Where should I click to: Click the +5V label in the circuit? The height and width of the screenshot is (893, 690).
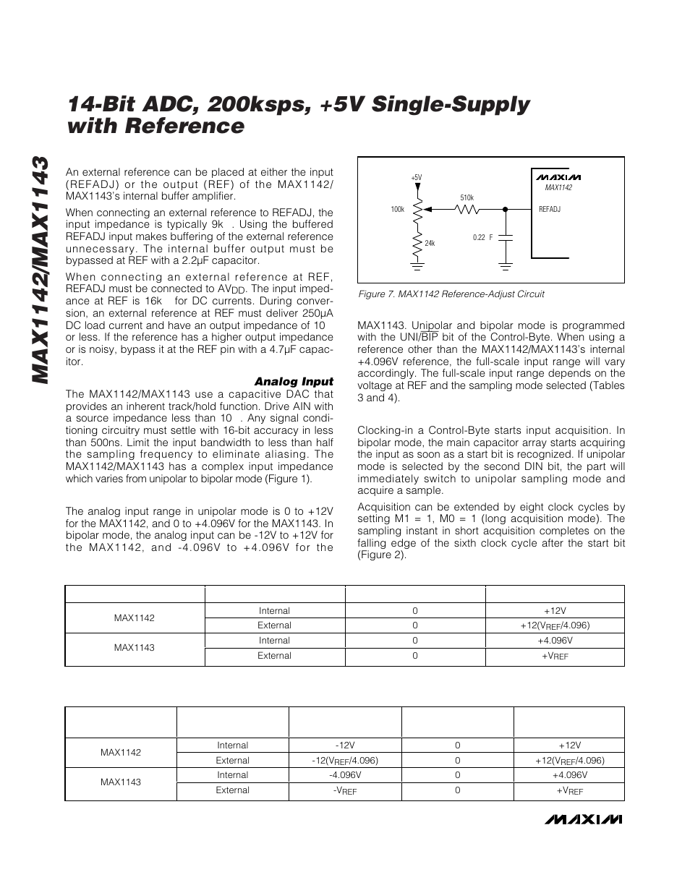pos(416,177)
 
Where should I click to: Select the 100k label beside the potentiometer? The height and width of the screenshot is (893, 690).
pos(398,210)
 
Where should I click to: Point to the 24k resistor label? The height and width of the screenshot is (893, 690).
pos(430,243)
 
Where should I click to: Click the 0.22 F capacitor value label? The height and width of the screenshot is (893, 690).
pos(482,237)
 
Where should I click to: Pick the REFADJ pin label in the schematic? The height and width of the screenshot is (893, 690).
pos(550,209)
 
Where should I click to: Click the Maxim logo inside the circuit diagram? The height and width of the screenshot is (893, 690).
pos(558,177)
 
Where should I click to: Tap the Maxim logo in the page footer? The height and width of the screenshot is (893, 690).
pos(584,819)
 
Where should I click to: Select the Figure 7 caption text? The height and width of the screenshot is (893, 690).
pos(451,294)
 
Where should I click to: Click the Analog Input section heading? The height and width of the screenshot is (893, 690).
pos(293,381)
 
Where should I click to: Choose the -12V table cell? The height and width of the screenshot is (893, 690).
pos(344,745)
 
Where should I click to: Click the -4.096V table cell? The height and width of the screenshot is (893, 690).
pos(344,775)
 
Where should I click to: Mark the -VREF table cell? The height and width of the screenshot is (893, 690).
pos(344,791)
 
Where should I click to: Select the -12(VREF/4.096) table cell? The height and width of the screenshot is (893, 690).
pos(344,761)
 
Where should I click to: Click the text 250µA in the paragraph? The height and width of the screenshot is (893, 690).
pos(318,313)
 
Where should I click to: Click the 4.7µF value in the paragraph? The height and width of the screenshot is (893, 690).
pos(281,350)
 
